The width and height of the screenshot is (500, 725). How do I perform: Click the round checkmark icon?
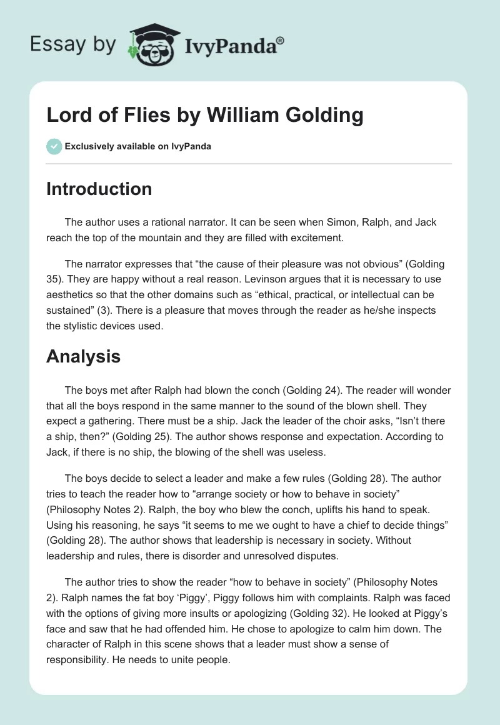(x=54, y=146)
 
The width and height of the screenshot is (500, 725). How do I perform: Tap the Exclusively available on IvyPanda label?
(x=138, y=146)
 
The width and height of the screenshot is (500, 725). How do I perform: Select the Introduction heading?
(x=99, y=189)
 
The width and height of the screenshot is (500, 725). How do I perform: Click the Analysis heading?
(x=83, y=356)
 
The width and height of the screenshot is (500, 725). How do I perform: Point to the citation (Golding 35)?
(x=416, y=265)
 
